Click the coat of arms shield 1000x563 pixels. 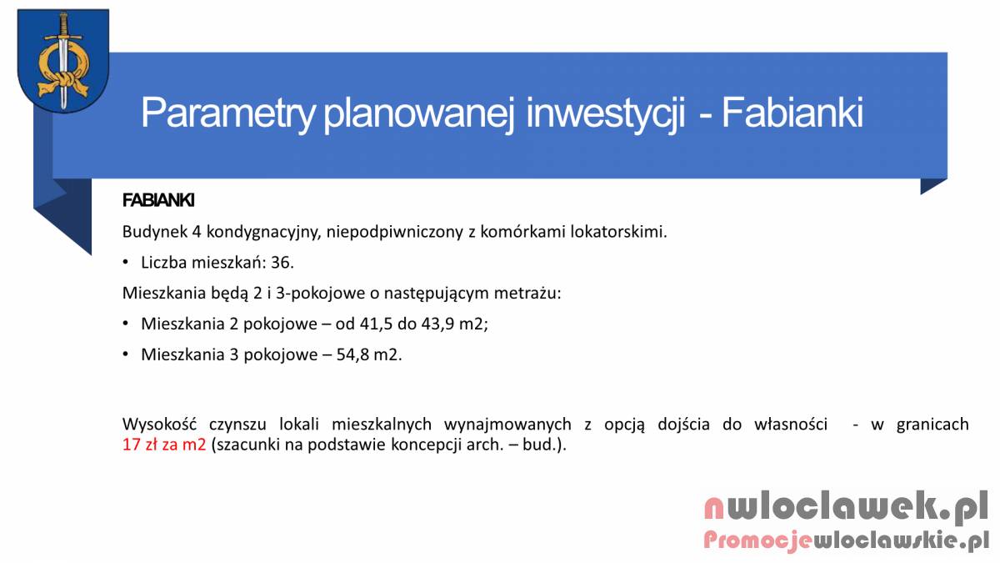pyautogui.click(x=63, y=60)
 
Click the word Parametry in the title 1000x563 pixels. pyautogui.click(x=228, y=113)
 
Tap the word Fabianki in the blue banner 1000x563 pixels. pyautogui.click(x=792, y=112)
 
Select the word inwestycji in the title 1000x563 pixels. pyautogui.click(x=605, y=113)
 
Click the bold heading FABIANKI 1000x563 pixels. pyautogui.click(x=158, y=200)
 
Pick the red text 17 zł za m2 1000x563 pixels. pyautogui.click(x=164, y=445)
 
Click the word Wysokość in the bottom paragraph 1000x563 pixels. pyautogui.click(x=159, y=424)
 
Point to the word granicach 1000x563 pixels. pyautogui.click(x=932, y=425)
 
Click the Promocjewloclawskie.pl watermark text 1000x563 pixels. pyautogui.click(x=846, y=540)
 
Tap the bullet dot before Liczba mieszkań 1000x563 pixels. pyautogui.click(x=126, y=262)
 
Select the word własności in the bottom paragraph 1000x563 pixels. pyautogui.click(x=791, y=424)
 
